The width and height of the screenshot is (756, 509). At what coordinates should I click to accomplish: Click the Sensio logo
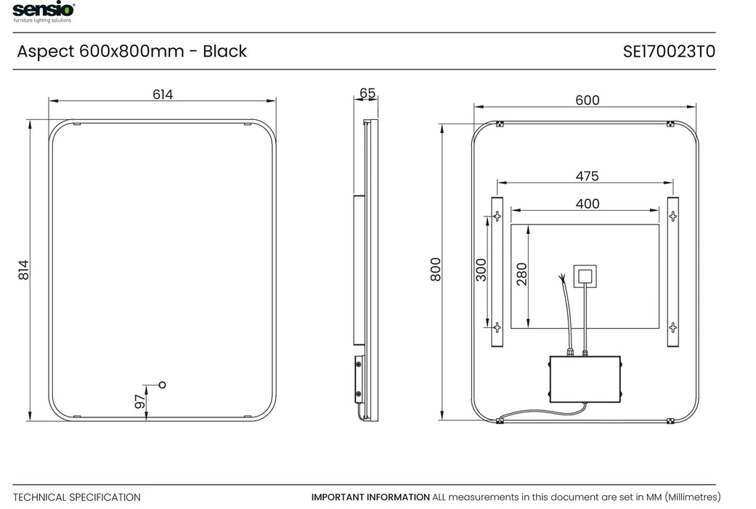42,12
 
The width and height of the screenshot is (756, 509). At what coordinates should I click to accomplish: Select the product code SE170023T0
669,52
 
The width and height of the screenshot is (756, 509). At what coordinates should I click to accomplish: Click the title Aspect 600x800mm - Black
131,52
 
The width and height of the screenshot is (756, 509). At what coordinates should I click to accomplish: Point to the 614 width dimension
163,95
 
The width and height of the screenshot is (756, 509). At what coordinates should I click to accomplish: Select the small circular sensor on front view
162,384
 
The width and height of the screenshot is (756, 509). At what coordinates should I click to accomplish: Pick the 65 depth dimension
367,93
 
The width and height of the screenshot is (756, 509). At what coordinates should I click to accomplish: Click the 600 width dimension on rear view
587,100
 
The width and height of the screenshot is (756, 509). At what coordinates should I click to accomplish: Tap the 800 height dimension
436,270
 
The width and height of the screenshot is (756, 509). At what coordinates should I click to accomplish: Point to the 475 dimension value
587,176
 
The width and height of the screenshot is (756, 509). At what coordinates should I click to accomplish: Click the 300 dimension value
481,270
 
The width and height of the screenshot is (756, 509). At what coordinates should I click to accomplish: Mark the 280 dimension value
521,274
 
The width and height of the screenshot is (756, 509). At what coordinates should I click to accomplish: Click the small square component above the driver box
585,276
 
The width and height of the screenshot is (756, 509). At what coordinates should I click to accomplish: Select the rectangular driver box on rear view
585,378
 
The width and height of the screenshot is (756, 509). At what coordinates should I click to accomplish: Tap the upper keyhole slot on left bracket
497,216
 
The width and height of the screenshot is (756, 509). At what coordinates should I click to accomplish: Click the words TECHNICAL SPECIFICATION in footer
77,497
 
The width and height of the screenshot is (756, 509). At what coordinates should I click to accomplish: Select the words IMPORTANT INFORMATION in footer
370,497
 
